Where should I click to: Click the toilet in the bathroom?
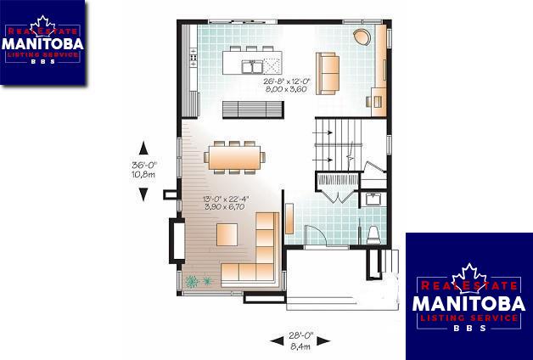(x=373, y=234)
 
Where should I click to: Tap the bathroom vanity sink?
(x=373, y=199)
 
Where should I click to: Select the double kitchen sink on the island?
(x=252, y=66)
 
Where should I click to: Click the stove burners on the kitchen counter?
(x=193, y=57)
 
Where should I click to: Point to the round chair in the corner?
(x=362, y=37)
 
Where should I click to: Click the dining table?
(x=234, y=157)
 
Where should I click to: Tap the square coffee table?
(x=227, y=234)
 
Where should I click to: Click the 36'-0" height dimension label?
(x=143, y=166)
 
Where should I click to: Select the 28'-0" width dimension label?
(x=300, y=336)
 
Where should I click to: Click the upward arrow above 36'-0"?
(x=143, y=148)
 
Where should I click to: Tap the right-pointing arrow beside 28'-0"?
(x=323, y=340)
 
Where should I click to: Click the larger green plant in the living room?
(x=192, y=282)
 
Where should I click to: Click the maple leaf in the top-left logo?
(x=42, y=25)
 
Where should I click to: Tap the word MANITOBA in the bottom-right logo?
(x=468, y=303)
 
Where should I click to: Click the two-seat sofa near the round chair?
(x=328, y=73)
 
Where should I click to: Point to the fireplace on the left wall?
(x=177, y=241)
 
